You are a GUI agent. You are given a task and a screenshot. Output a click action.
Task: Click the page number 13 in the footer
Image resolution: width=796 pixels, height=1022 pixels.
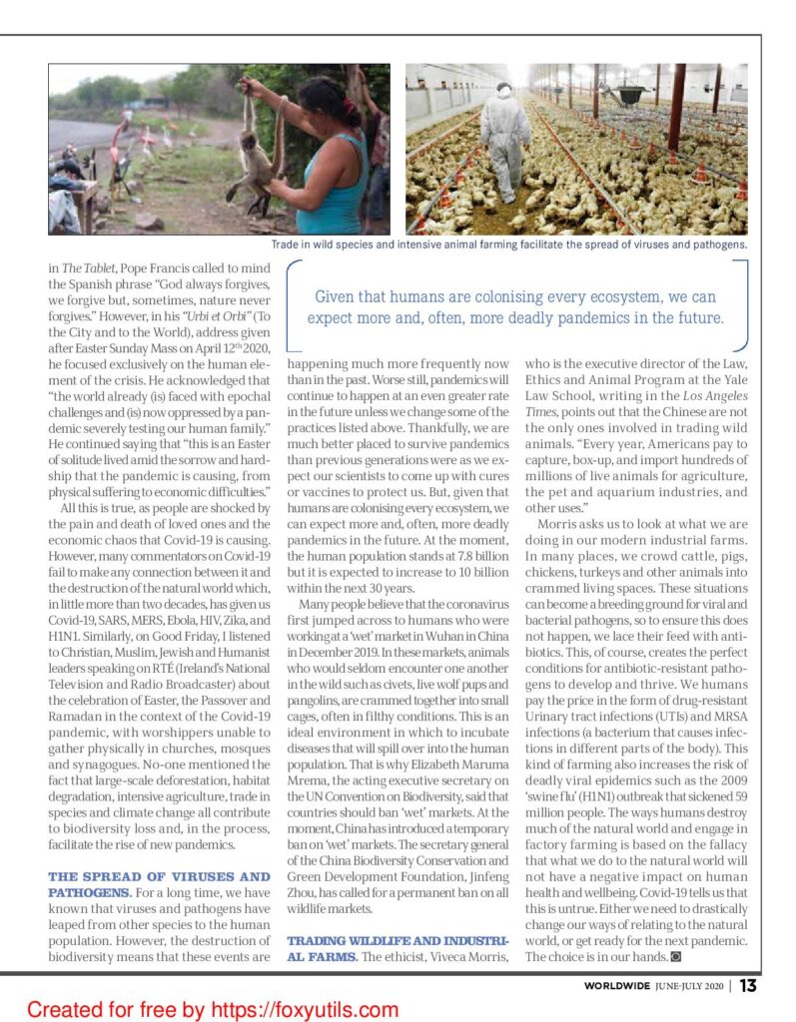(748, 986)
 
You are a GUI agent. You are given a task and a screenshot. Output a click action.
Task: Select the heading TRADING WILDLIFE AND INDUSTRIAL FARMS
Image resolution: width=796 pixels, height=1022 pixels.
(398, 948)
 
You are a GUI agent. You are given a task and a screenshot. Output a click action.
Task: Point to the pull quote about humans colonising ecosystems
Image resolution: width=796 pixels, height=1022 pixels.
(516, 307)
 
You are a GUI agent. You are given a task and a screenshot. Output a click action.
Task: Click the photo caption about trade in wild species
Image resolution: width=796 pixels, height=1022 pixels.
(509, 244)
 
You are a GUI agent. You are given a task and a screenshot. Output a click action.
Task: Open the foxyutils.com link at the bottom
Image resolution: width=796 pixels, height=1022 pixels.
(212, 1009)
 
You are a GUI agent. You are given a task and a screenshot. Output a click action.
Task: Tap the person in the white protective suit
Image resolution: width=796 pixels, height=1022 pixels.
(504, 138)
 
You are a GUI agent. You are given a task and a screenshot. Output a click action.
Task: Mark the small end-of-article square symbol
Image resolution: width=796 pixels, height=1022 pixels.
(676, 957)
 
